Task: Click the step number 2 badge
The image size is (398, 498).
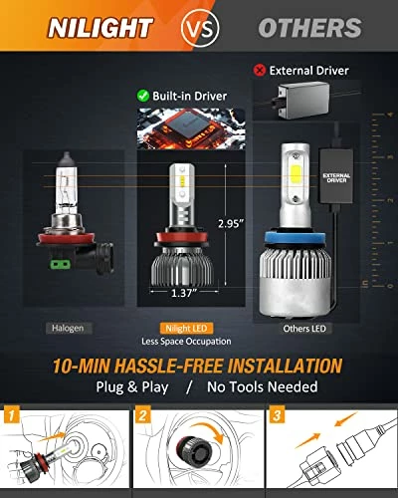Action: click(145, 413)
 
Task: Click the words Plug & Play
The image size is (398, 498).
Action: click(133, 386)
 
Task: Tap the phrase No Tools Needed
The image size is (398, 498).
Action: click(262, 386)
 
